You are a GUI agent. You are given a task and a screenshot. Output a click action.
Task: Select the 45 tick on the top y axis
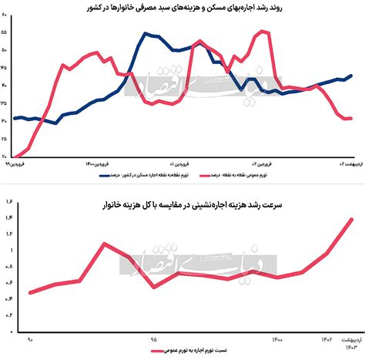point(5,68)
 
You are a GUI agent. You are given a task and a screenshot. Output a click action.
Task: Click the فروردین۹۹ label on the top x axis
point(17,164)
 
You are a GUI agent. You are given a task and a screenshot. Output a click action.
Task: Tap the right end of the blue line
point(352,76)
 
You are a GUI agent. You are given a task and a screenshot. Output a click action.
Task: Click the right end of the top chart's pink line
point(352,118)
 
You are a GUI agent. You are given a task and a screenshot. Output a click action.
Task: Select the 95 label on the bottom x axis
point(154,338)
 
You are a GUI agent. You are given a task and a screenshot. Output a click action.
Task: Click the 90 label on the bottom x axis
point(31,338)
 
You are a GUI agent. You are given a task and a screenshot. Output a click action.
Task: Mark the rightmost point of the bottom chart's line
point(352,219)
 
